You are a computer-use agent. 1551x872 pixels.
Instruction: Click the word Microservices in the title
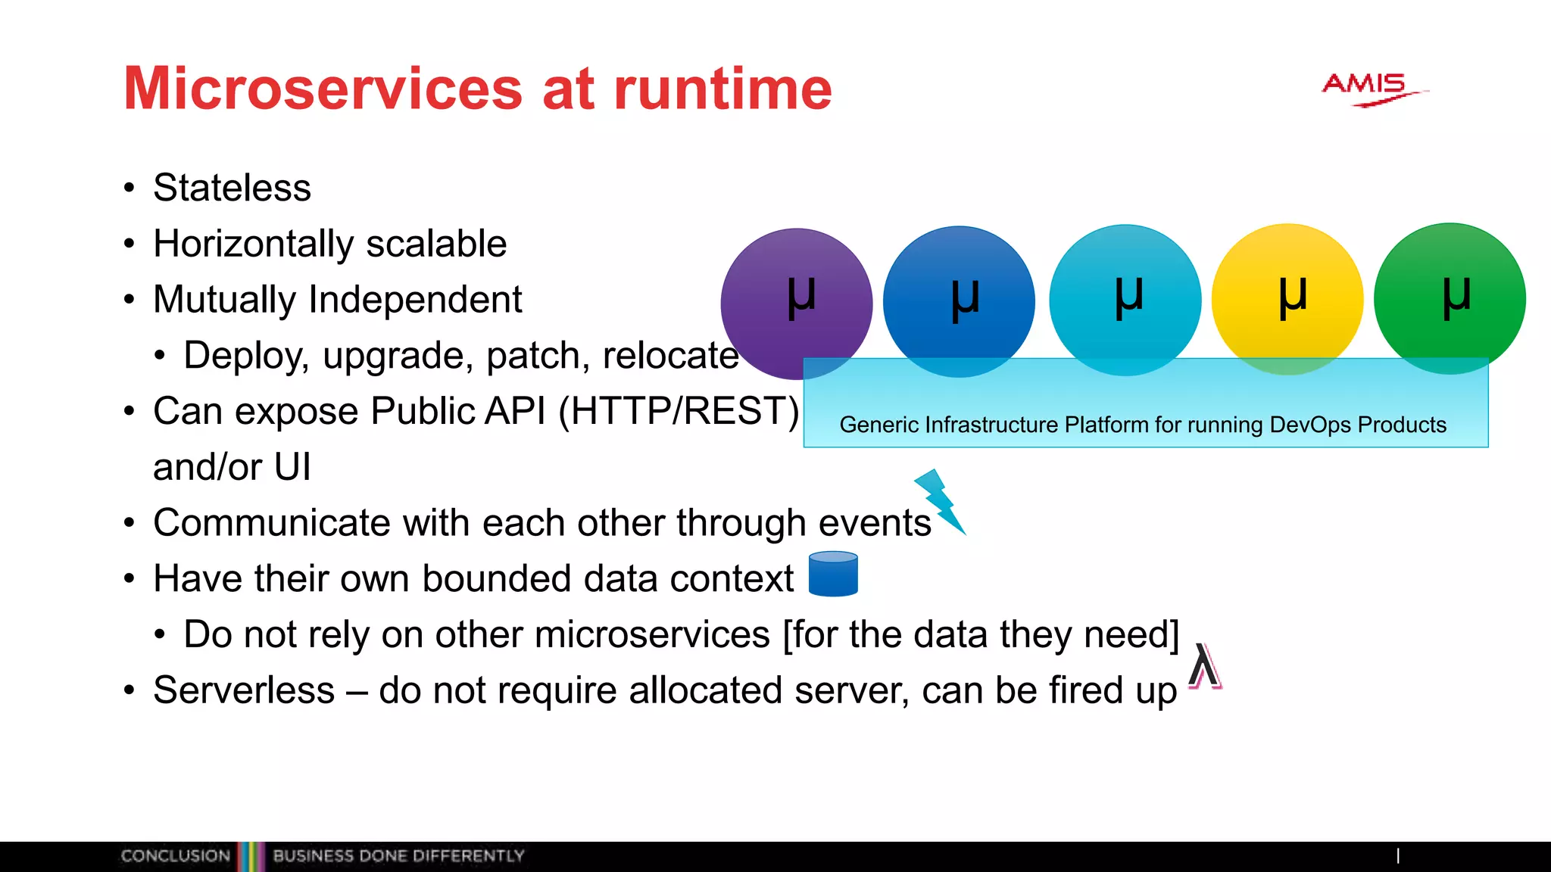[323, 89]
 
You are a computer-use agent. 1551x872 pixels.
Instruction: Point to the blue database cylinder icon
[833, 574]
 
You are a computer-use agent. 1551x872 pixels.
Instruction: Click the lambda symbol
[1204, 666]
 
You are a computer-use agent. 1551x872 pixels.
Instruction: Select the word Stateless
[232, 188]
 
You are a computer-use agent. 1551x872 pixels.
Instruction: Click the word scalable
[436, 244]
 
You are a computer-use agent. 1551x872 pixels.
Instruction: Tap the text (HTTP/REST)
[679, 412]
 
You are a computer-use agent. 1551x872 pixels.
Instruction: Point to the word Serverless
[244, 690]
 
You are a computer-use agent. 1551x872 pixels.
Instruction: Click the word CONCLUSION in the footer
[175, 856]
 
